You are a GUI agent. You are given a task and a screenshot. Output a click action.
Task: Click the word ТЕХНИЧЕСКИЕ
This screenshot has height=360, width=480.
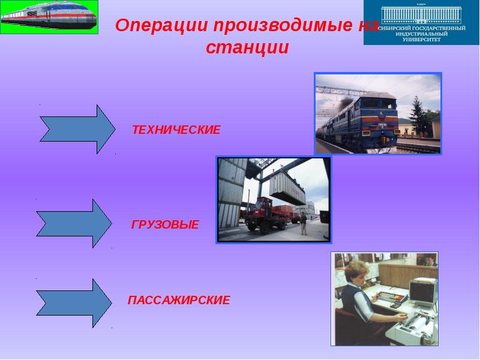(176, 130)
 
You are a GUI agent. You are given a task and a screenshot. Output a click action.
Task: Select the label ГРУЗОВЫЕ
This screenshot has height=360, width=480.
(165, 225)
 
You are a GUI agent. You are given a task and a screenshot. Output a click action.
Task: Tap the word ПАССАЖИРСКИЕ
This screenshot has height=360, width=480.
(179, 300)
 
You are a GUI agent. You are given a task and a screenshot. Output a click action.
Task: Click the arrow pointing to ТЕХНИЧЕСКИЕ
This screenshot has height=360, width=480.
(77, 129)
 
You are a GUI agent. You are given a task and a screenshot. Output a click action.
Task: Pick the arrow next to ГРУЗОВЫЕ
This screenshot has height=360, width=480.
(74, 223)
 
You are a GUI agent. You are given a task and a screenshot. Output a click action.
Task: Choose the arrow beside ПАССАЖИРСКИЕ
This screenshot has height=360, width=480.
(74, 303)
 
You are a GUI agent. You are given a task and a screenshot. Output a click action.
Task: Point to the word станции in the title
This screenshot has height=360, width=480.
(248, 47)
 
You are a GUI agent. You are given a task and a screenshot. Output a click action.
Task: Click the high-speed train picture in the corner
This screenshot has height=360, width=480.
(49, 17)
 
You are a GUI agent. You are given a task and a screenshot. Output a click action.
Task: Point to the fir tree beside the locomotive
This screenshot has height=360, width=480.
(416, 114)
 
